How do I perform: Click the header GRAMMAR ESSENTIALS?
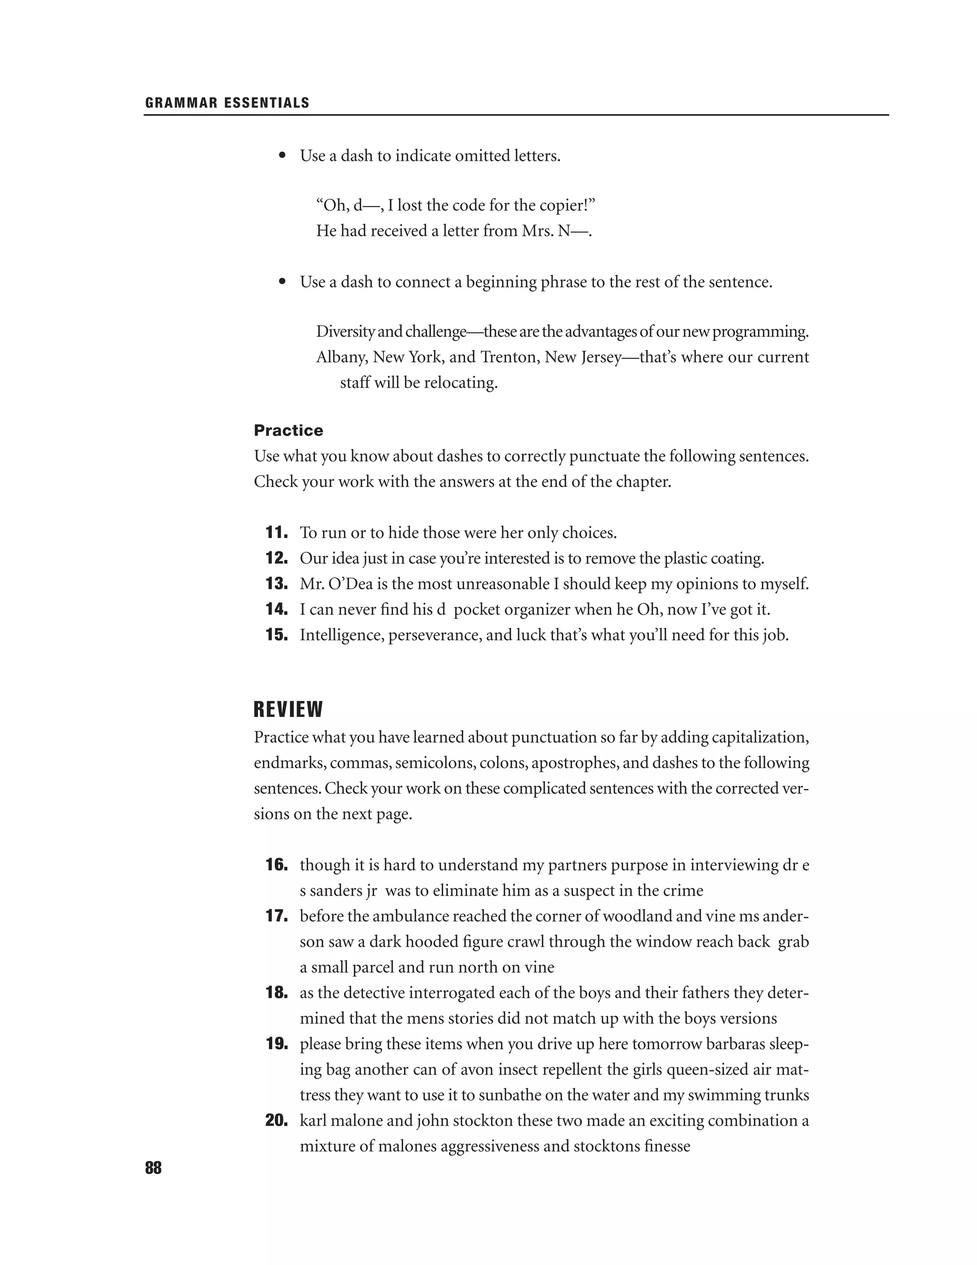(227, 103)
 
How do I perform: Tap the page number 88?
(154, 1168)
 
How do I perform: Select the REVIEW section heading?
(288, 709)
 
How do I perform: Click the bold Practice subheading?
(288, 431)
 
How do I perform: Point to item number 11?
(277, 532)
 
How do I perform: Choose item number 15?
(277, 635)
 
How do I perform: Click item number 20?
(277, 1120)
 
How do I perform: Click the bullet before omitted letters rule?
(282, 156)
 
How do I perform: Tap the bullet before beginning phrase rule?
(282, 282)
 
